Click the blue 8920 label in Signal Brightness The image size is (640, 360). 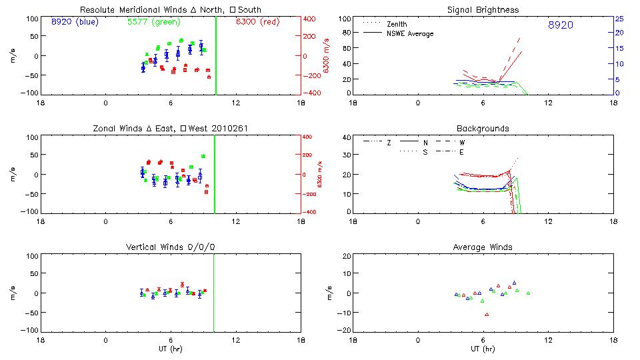(560, 25)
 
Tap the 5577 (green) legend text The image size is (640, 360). (153, 22)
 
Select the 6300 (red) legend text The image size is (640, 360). (258, 22)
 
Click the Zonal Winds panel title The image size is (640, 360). (170, 128)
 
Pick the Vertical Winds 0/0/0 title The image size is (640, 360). (170, 247)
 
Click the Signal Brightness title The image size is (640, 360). (484, 10)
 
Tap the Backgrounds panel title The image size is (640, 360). (483, 128)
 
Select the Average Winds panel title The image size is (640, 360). (483, 247)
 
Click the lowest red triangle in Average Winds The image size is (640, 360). (487, 314)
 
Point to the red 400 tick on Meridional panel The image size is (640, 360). (309, 19)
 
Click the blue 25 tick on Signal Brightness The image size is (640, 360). (619, 19)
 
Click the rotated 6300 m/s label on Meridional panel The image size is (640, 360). (327, 56)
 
